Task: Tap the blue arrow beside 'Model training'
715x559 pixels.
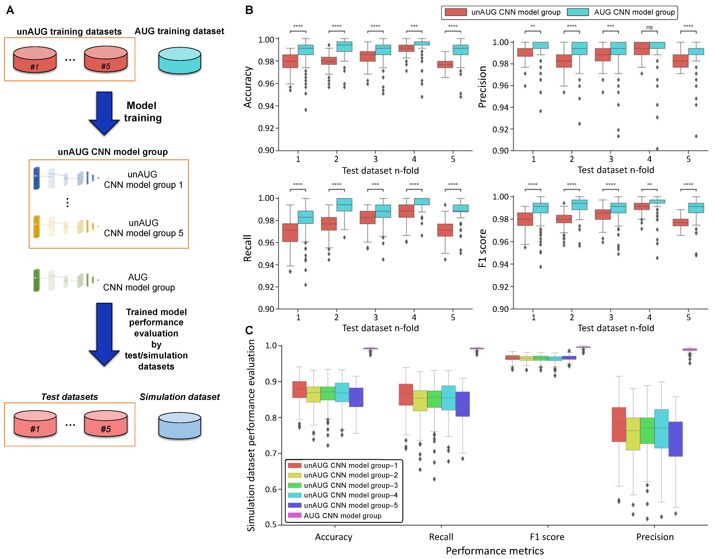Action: click(x=104, y=113)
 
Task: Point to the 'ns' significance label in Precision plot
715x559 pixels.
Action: click(x=649, y=27)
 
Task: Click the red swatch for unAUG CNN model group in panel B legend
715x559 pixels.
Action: click(x=456, y=12)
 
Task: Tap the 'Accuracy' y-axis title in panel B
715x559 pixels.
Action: click(x=248, y=87)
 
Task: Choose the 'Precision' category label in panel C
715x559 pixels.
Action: click(x=655, y=537)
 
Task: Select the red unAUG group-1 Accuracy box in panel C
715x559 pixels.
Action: click(x=299, y=390)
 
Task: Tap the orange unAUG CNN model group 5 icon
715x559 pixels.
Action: click(x=66, y=226)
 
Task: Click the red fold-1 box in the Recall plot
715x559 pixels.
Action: click(x=290, y=233)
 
